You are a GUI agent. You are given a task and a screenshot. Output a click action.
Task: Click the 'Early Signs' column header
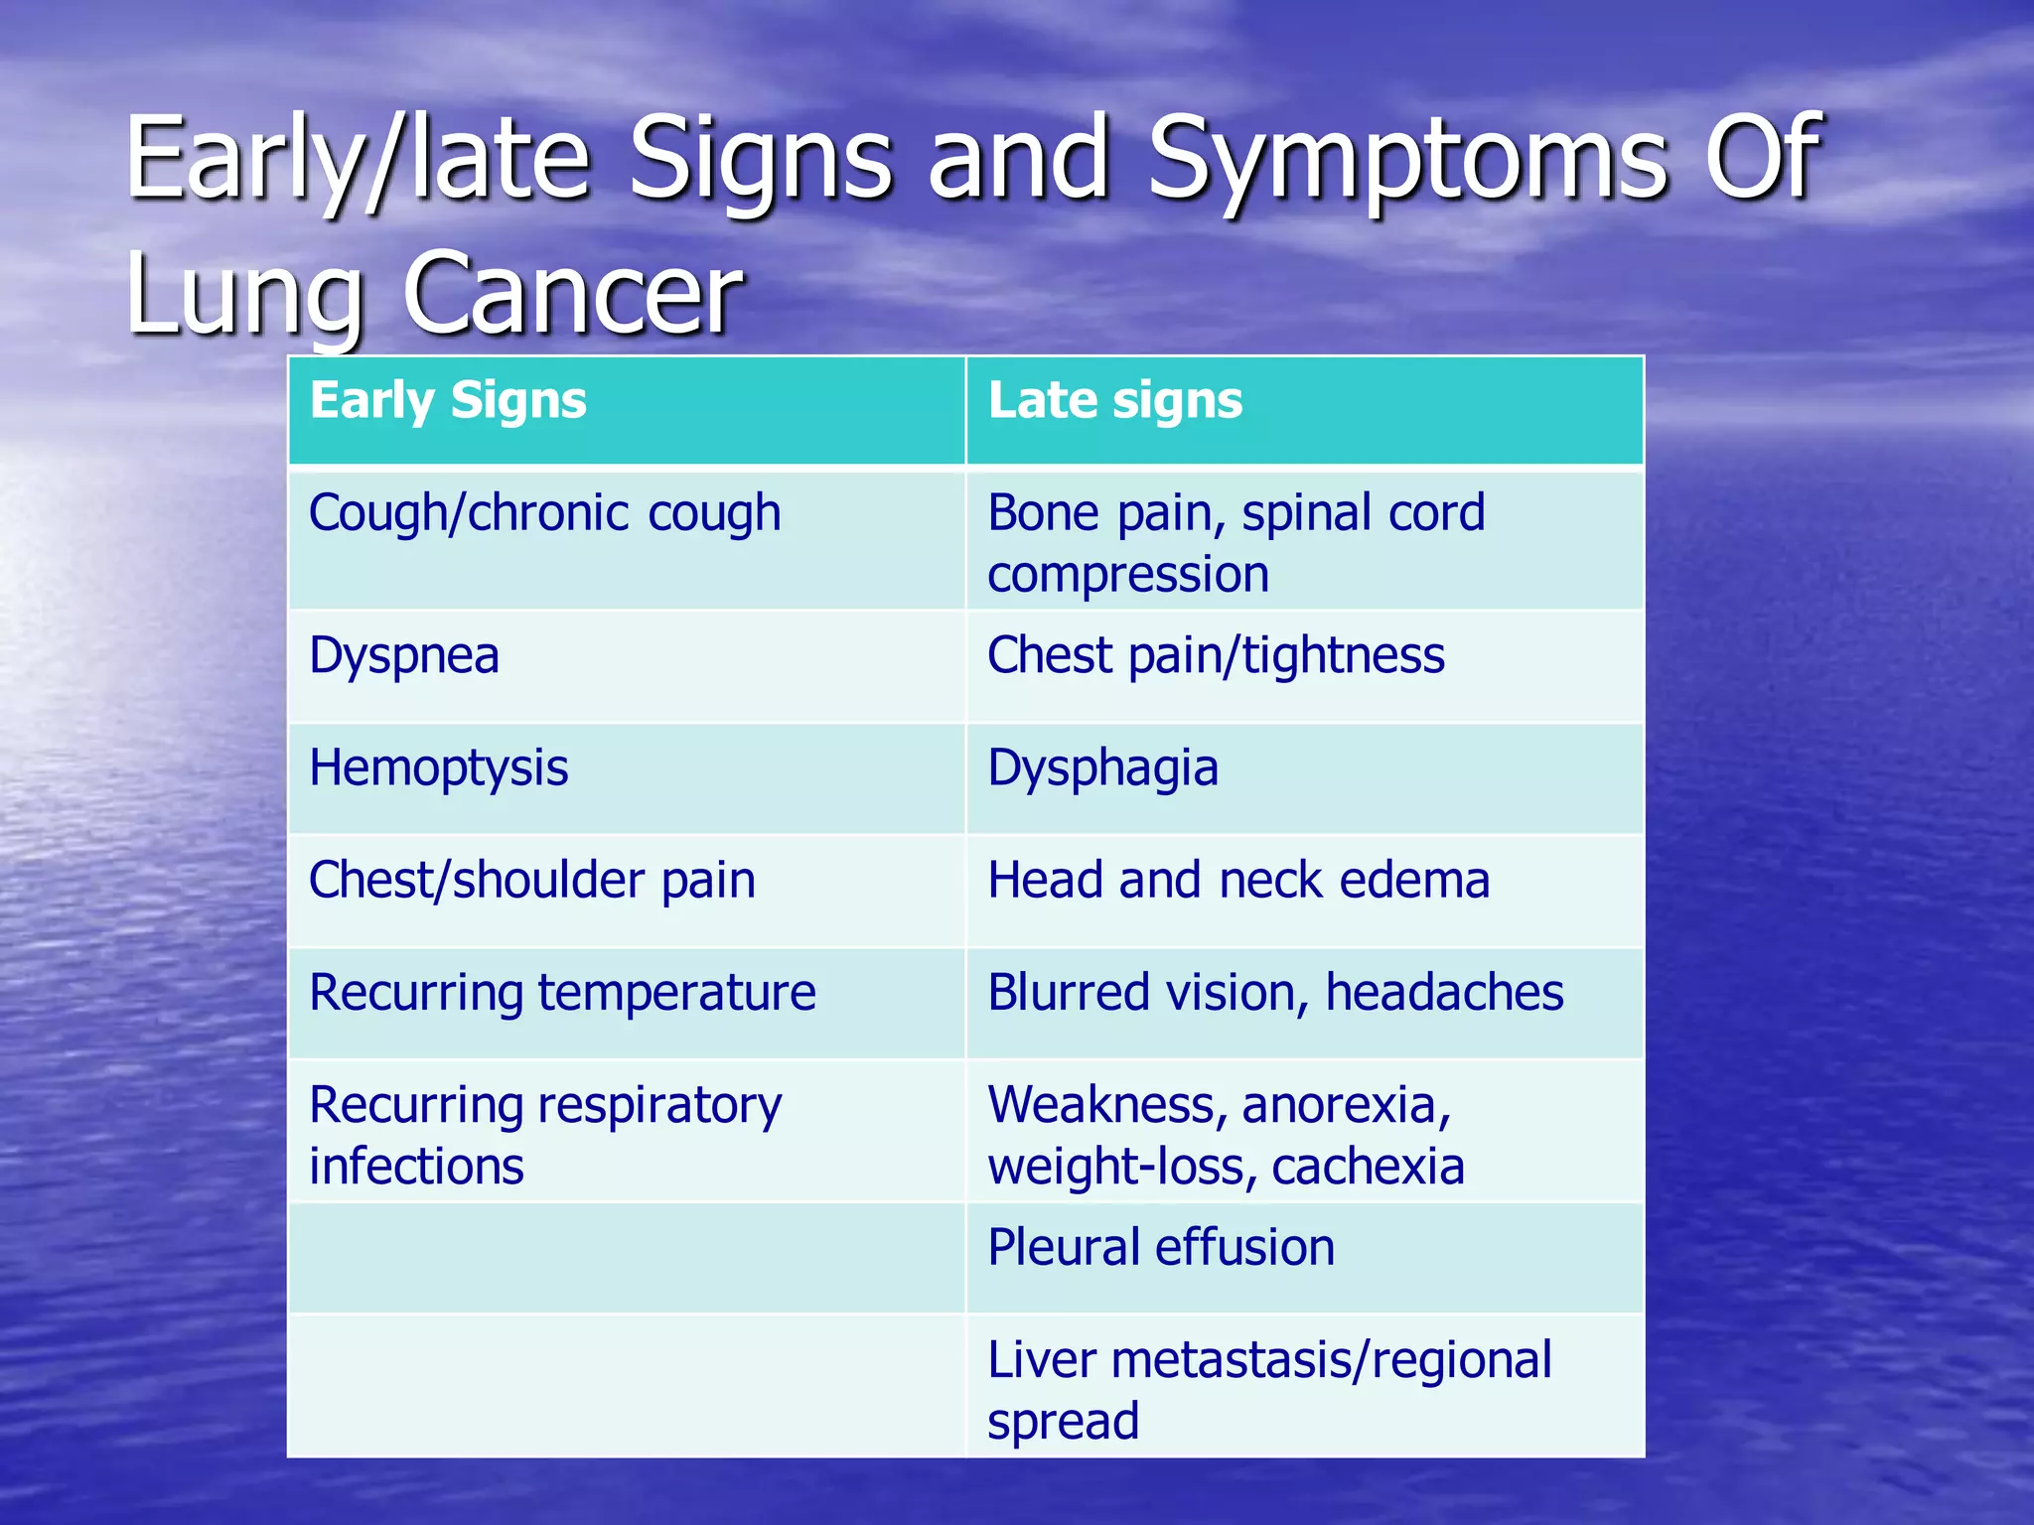point(448,401)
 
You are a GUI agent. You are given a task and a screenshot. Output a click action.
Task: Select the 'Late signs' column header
point(1114,401)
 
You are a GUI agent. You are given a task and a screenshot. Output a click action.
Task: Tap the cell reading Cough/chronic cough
point(544,514)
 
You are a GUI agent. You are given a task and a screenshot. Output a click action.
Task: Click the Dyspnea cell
point(404,656)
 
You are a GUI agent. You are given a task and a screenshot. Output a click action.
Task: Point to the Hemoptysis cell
point(438,769)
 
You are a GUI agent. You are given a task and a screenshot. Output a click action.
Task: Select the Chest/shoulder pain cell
point(532,881)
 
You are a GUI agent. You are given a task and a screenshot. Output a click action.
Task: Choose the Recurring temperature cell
point(562,993)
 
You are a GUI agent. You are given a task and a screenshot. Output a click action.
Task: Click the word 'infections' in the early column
point(416,1167)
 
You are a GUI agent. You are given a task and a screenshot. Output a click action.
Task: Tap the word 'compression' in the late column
point(1128,575)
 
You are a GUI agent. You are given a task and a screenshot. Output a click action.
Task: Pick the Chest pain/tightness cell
point(1216,656)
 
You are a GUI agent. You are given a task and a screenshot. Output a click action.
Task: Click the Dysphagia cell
point(1102,769)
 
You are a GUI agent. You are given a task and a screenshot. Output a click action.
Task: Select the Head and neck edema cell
point(1238,881)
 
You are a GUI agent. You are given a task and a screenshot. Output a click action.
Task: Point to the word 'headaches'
point(1444,993)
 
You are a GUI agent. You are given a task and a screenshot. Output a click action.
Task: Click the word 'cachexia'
point(1368,1167)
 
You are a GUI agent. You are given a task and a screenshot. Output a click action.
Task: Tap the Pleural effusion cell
point(1161,1248)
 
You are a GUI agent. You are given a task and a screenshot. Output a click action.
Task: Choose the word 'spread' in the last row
point(1063,1422)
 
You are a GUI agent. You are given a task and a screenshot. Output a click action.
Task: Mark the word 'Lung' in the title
point(244,294)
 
